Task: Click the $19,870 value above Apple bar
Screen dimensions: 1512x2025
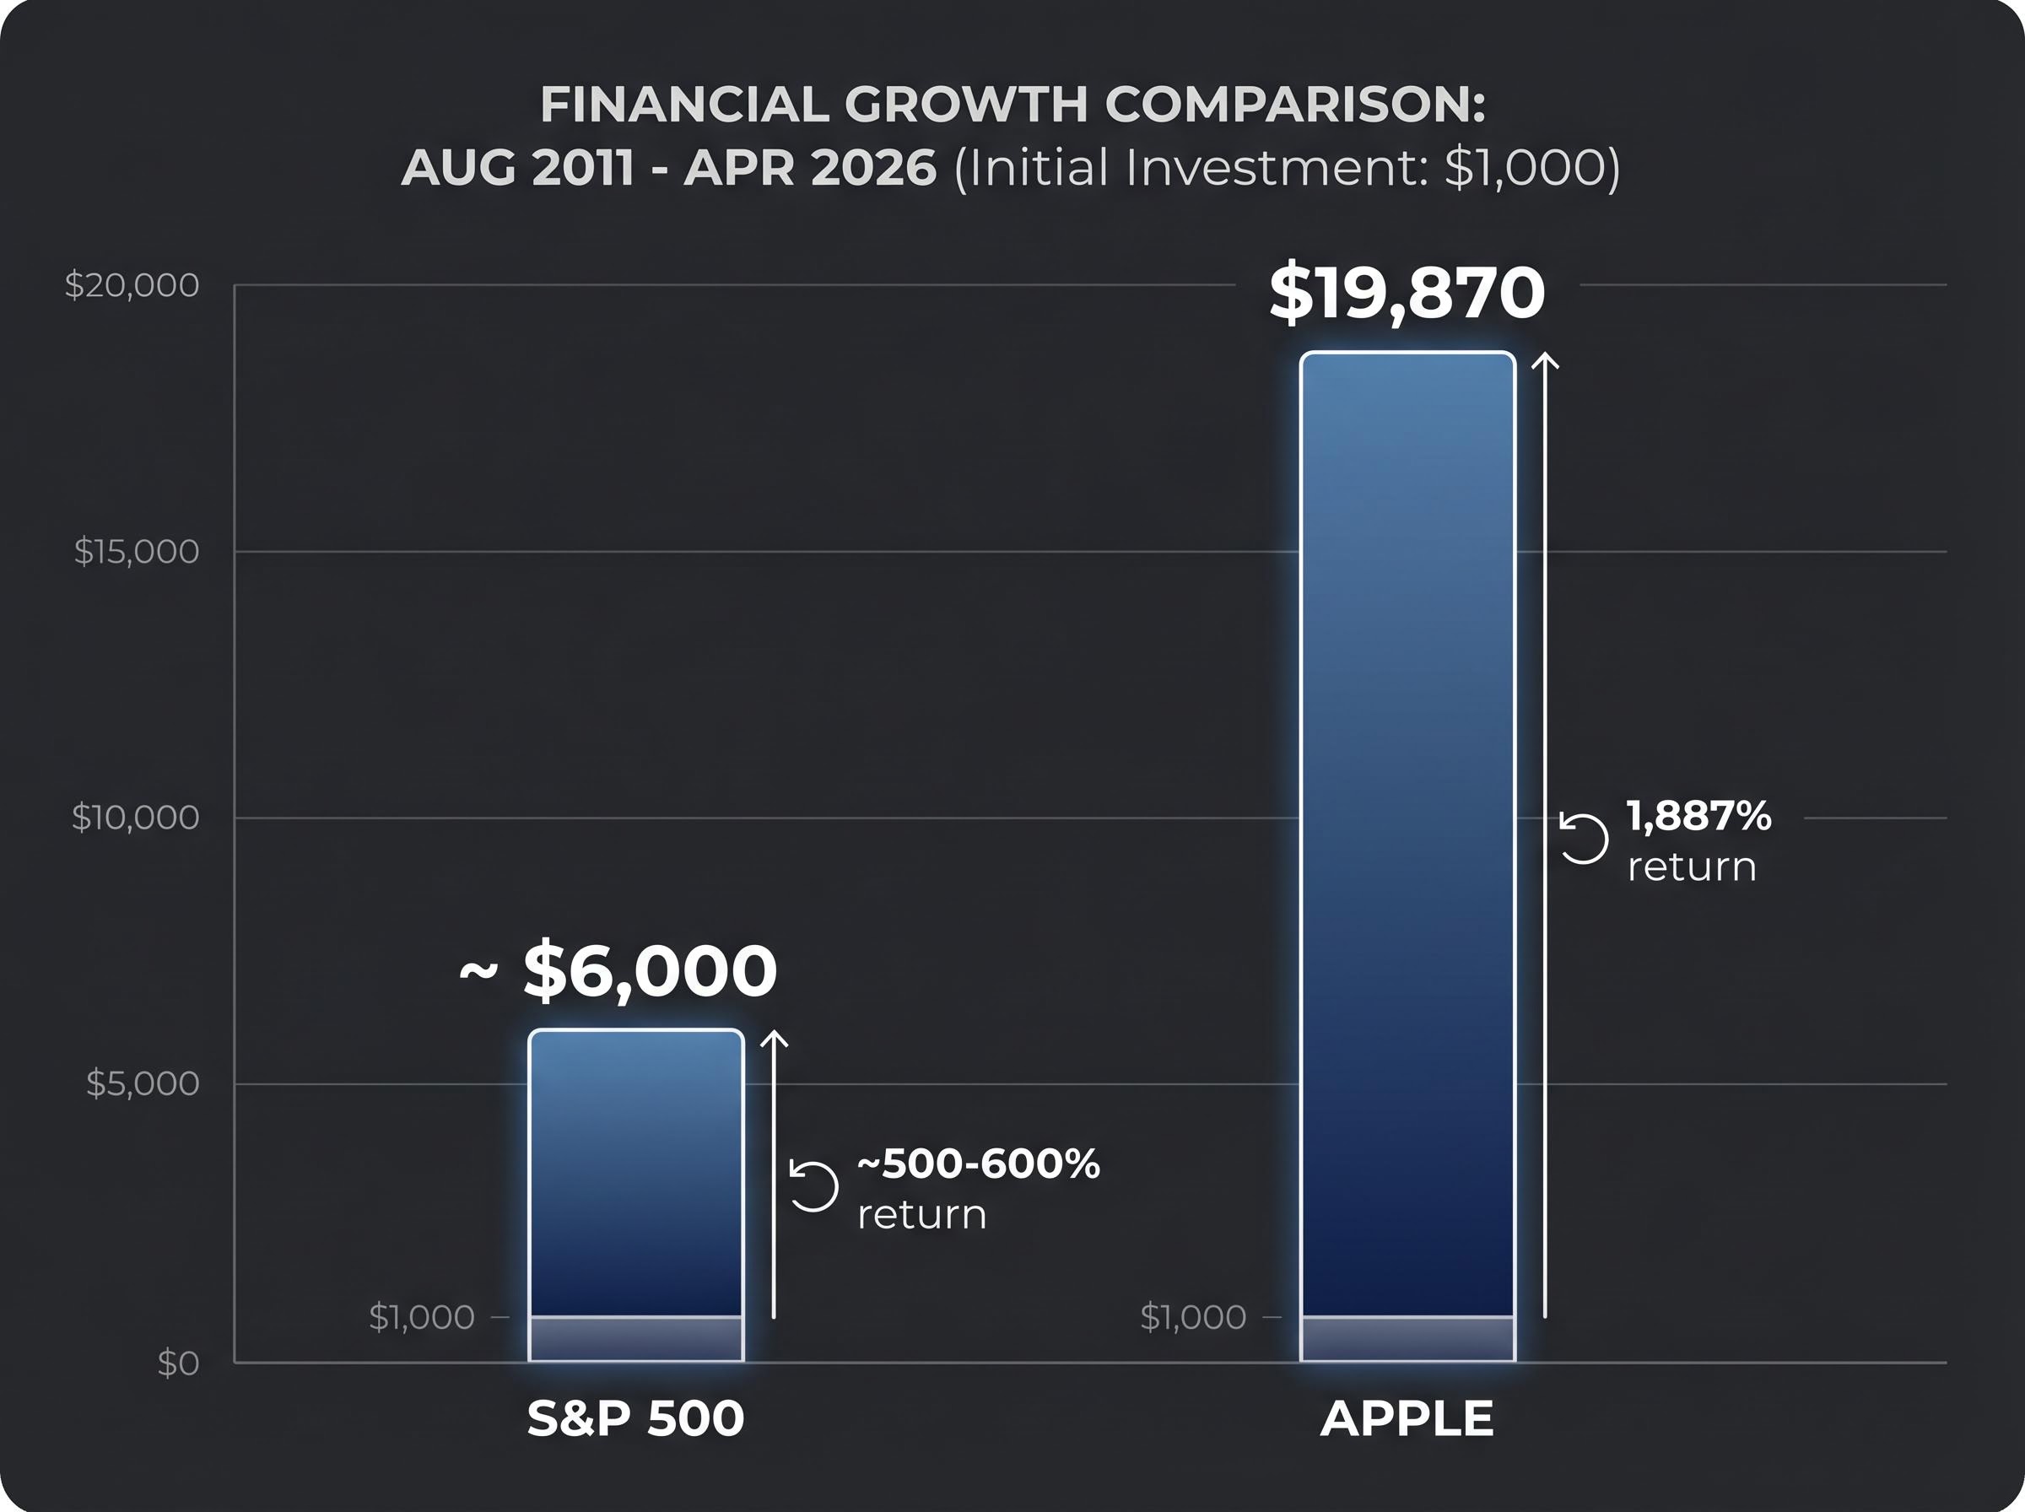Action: [x=1407, y=294]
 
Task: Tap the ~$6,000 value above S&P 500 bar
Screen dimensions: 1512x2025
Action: [x=619, y=971]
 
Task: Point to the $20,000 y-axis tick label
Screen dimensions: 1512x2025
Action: [x=132, y=285]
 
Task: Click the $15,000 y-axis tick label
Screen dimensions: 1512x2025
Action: [x=137, y=552]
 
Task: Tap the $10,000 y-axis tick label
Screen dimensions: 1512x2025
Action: [x=136, y=818]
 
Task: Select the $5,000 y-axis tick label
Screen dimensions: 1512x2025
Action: [x=142, y=1083]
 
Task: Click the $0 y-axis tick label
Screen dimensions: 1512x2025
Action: [x=177, y=1363]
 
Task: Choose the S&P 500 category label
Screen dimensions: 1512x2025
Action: [x=636, y=1419]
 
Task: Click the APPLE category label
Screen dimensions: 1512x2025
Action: [x=1407, y=1419]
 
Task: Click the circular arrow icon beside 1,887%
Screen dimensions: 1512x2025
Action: [x=1584, y=839]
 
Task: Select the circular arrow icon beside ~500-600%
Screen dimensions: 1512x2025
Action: [x=813, y=1186]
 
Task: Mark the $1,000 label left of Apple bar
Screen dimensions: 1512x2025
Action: [x=1192, y=1317]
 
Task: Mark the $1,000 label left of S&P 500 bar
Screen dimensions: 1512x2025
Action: [x=421, y=1317]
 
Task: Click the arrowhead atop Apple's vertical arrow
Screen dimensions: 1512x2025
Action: [x=1545, y=359]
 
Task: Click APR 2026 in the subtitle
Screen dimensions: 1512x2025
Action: [x=810, y=168]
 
